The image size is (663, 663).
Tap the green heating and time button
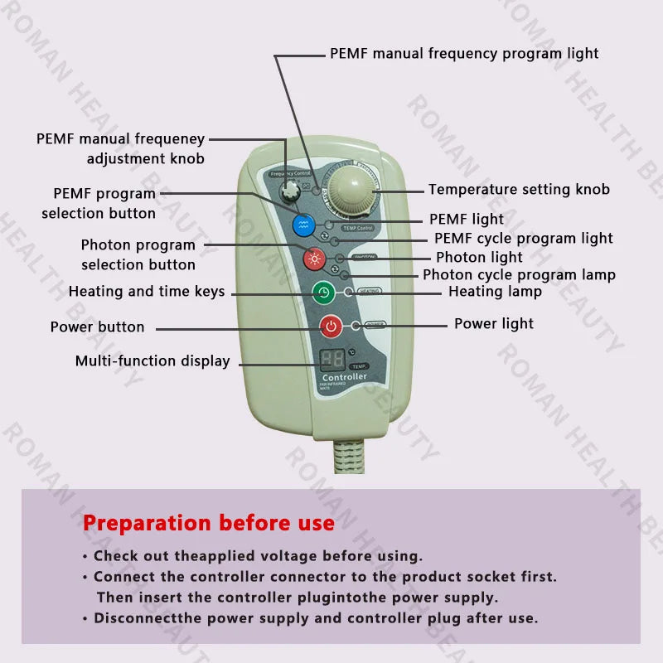point(323,293)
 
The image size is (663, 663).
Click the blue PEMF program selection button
point(304,224)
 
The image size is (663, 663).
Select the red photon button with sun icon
point(314,259)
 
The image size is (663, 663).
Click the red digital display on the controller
point(332,360)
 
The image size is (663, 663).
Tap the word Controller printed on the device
point(344,377)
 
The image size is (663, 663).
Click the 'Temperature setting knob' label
point(519,190)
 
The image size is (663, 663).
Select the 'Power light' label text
point(494,323)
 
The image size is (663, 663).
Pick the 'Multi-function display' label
point(152,361)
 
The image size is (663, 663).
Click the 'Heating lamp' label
point(495,291)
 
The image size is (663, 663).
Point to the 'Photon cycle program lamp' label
point(519,274)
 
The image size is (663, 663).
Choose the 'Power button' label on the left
point(97,327)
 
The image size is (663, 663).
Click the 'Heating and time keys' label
point(147,292)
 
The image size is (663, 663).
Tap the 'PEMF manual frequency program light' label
point(464,53)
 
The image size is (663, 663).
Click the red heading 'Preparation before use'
point(209,523)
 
